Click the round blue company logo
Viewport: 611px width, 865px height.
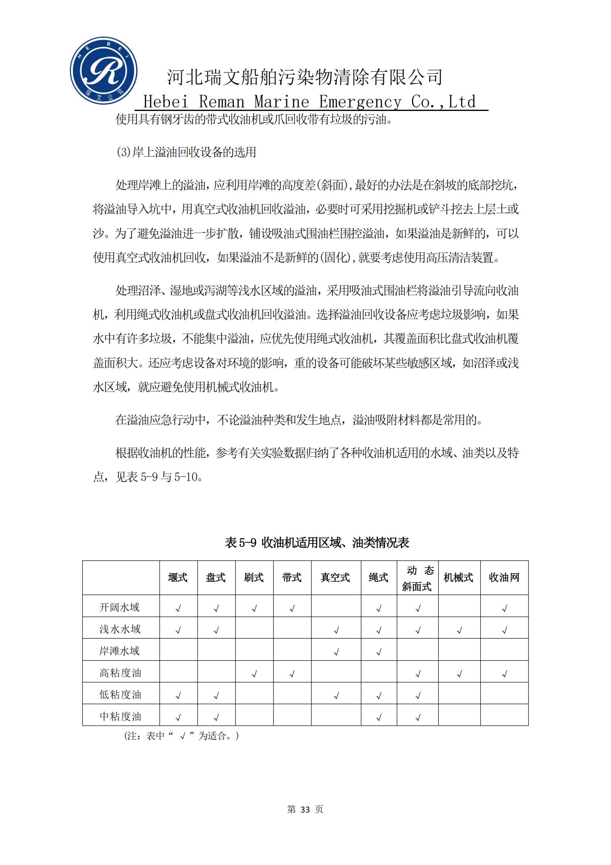point(103,71)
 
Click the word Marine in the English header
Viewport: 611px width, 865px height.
point(281,102)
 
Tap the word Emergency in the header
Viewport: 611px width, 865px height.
point(360,102)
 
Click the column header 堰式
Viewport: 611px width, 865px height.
point(178,578)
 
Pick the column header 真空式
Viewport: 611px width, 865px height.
point(335,578)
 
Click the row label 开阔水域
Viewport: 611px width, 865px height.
point(119,607)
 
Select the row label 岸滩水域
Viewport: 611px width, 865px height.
point(119,651)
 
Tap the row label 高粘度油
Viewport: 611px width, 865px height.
point(120,672)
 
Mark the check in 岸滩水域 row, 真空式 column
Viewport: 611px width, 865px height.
point(336,652)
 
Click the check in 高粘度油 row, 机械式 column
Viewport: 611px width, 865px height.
point(459,673)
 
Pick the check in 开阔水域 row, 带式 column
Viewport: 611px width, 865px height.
point(292,608)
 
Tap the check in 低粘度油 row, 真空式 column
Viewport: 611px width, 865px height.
point(336,696)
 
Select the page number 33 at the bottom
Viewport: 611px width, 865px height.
point(305,809)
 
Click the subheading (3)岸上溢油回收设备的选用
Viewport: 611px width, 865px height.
point(186,152)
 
